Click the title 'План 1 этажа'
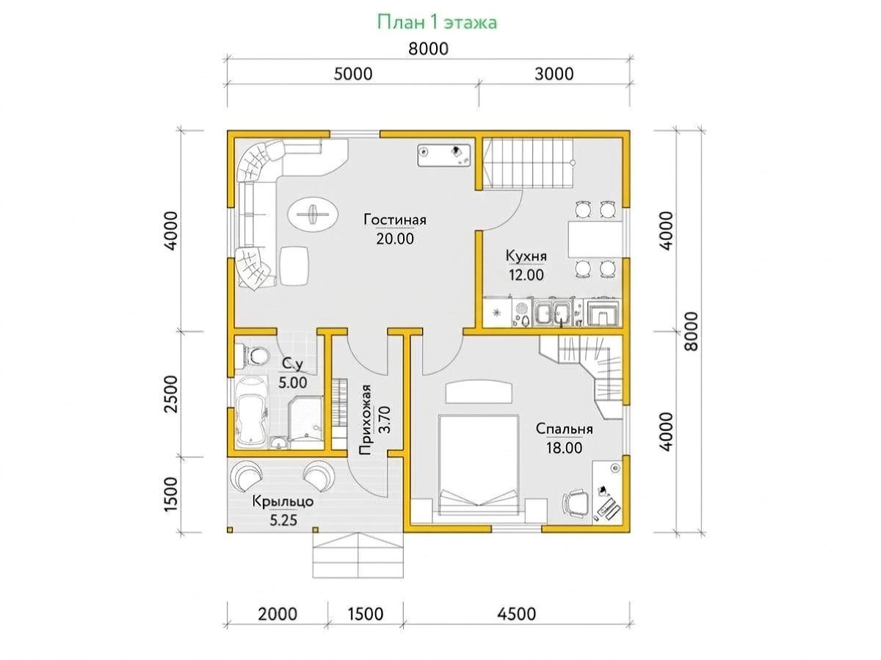tap(437, 23)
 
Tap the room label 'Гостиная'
tap(395, 220)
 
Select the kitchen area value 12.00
tap(526, 275)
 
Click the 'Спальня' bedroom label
tap(564, 429)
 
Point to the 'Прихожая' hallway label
tap(365, 420)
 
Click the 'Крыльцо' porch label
tap(283, 502)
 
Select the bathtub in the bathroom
tap(251, 412)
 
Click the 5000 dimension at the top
tap(353, 74)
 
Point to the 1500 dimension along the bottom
tap(365, 614)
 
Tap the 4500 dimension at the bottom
tap(517, 614)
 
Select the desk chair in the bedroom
tap(576, 502)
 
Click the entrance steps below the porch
tap(358, 555)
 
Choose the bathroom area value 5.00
tap(293, 382)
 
